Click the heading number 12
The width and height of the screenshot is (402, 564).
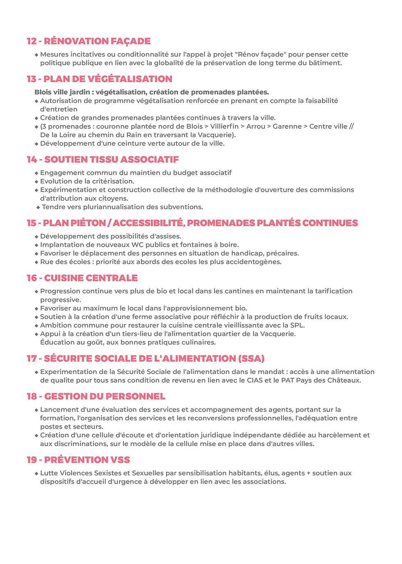32,41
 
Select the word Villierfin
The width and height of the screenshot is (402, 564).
224,126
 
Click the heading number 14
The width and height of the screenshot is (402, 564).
32,160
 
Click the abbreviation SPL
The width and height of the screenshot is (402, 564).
297,325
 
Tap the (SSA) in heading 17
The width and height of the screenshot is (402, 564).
251,358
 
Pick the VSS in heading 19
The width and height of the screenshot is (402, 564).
120,460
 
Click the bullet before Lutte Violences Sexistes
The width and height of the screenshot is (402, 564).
37,473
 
